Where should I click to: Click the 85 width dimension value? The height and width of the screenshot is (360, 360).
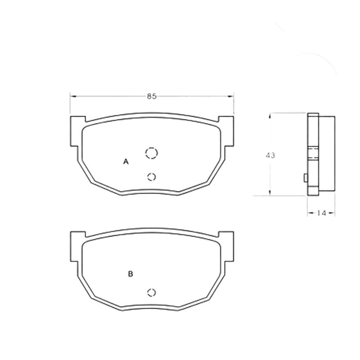click(x=152, y=96)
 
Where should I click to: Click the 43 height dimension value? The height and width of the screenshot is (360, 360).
click(x=270, y=155)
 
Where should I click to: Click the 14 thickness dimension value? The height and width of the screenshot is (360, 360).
click(x=321, y=213)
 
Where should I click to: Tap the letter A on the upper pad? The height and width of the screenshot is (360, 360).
click(x=126, y=162)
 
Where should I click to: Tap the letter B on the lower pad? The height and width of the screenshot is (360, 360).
click(x=130, y=274)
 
